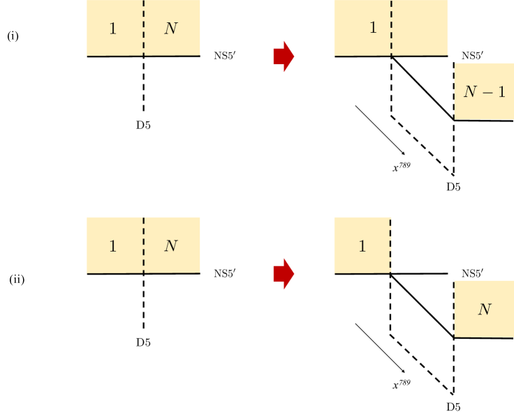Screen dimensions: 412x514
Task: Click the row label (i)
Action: tap(13, 36)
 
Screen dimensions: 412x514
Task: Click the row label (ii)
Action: tap(17, 280)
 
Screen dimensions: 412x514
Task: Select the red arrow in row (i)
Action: tap(284, 57)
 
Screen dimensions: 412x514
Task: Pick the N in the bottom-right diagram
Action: tap(484, 309)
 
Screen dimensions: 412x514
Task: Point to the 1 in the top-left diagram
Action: tap(113, 29)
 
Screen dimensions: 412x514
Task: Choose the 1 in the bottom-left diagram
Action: tap(113, 246)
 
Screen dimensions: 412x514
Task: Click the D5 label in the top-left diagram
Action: tap(143, 125)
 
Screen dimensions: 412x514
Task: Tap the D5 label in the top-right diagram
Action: tap(453, 187)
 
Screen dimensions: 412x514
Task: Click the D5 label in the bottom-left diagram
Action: tap(143, 342)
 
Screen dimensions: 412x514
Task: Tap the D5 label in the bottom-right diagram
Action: tap(453, 406)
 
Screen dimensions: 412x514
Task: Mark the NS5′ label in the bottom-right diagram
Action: tap(473, 273)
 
